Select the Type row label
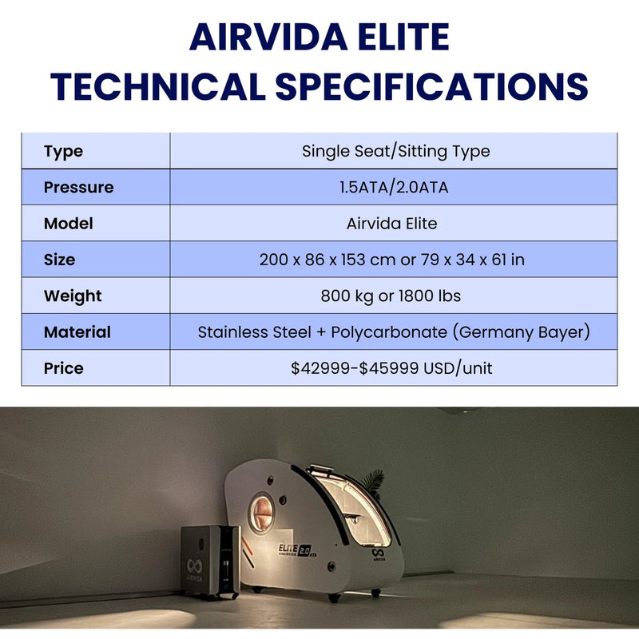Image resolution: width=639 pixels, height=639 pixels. (x=63, y=151)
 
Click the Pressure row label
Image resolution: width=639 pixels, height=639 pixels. (x=78, y=188)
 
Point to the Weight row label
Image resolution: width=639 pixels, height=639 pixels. (x=73, y=296)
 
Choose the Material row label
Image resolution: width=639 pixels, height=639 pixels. (x=77, y=332)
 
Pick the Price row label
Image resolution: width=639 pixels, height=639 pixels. (x=63, y=368)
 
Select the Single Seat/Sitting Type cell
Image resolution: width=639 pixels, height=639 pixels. (x=395, y=151)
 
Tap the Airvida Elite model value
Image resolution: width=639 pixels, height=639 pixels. (x=391, y=224)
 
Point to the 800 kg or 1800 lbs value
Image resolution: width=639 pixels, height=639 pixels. (x=391, y=296)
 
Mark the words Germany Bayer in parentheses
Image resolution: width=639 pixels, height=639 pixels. (x=521, y=332)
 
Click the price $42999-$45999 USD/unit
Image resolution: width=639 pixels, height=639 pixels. (x=391, y=368)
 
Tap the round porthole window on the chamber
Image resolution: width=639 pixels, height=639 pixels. (x=260, y=511)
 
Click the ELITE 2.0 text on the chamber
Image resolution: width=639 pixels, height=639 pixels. (x=295, y=549)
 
